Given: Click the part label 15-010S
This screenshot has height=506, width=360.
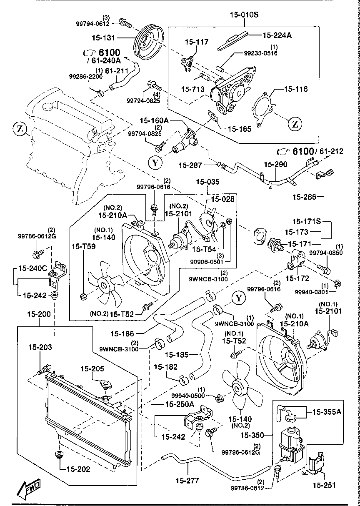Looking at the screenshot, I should coord(244,15).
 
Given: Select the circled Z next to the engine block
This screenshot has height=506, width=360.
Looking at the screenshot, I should coord(20,129).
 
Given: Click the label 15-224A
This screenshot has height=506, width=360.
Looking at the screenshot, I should coord(277,35).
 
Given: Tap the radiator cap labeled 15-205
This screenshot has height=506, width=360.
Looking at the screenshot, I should coord(102,385).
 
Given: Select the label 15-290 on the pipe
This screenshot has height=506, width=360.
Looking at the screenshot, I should coord(275,165).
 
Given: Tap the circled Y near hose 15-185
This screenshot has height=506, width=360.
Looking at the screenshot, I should coord(239,298).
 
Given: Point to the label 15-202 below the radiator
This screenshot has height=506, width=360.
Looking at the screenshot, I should coord(78,468).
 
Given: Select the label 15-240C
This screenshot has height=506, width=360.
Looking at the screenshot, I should coord(32,268).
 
